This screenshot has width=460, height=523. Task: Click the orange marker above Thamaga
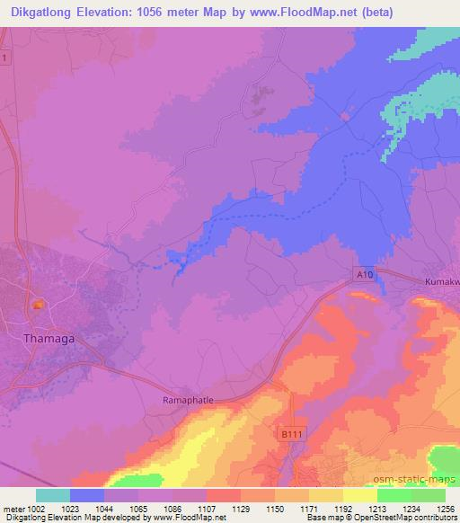37,306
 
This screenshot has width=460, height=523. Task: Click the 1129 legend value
241,508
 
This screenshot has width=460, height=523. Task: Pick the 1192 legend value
342,508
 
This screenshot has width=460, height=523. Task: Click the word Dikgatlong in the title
41,11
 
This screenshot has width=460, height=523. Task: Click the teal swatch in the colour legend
53,495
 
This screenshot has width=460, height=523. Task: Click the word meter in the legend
14,508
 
